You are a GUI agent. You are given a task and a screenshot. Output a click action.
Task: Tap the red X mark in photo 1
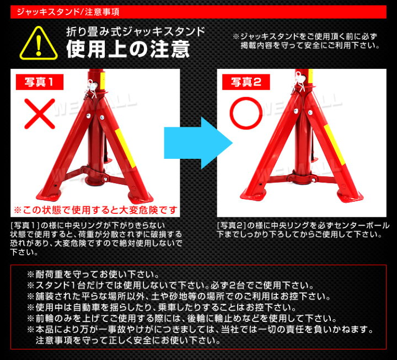click(x=40, y=114)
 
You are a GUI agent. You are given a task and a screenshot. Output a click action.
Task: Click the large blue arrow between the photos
click(x=198, y=143)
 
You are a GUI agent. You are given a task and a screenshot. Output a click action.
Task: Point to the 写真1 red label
click(x=40, y=82)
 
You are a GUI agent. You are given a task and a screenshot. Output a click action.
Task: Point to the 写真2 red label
click(x=246, y=82)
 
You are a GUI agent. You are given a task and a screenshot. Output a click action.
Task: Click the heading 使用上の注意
click(x=128, y=49)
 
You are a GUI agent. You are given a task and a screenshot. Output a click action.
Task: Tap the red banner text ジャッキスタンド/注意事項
click(x=68, y=12)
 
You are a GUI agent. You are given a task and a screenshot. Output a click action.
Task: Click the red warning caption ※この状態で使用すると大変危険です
click(x=96, y=210)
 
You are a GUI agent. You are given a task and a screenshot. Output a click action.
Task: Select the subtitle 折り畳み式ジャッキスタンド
click(x=136, y=32)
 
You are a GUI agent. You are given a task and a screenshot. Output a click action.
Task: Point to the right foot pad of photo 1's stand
click(x=141, y=197)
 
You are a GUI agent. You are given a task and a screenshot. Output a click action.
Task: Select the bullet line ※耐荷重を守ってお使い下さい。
click(x=93, y=274)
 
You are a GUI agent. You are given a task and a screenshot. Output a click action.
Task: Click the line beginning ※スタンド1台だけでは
click(x=170, y=286)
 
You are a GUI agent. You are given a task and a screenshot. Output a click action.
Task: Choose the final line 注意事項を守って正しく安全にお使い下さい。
click(x=128, y=340)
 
